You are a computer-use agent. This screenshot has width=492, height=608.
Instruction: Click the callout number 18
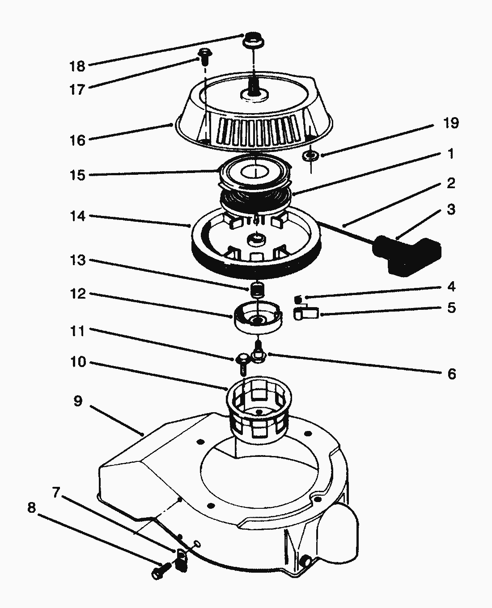point(77,66)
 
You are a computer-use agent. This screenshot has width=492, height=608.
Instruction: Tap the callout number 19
point(451,123)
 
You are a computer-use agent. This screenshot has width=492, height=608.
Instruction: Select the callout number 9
point(78,401)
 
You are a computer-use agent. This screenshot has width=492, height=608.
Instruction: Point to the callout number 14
point(77,216)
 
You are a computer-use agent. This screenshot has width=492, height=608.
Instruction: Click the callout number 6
point(451,374)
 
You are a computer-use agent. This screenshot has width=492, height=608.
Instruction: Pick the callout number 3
point(451,209)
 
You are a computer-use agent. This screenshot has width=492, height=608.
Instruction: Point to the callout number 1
point(451,154)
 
